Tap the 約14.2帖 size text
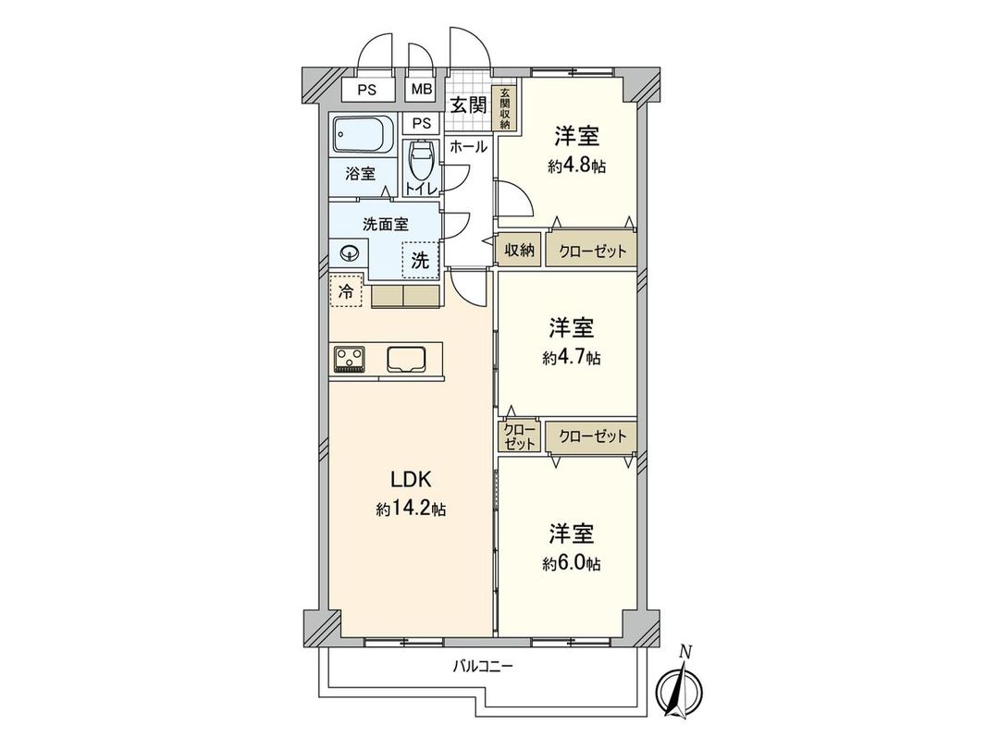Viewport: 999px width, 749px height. tap(411, 510)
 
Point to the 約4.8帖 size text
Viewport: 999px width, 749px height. tap(576, 166)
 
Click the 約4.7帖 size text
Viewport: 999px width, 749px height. tap(572, 357)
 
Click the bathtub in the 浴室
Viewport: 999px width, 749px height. tap(362, 138)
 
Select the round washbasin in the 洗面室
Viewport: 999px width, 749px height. tap(350, 252)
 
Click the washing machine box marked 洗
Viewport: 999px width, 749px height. tap(420, 261)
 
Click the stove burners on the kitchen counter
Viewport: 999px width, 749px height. tap(349, 358)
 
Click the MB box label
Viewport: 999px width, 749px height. tap(422, 90)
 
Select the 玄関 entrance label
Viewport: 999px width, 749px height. tap(468, 104)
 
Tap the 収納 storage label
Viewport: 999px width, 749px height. tap(519, 250)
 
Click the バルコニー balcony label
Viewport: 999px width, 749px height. tap(483, 666)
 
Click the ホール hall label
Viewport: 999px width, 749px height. tap(468, 145)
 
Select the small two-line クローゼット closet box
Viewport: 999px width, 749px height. tap(520, 436)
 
